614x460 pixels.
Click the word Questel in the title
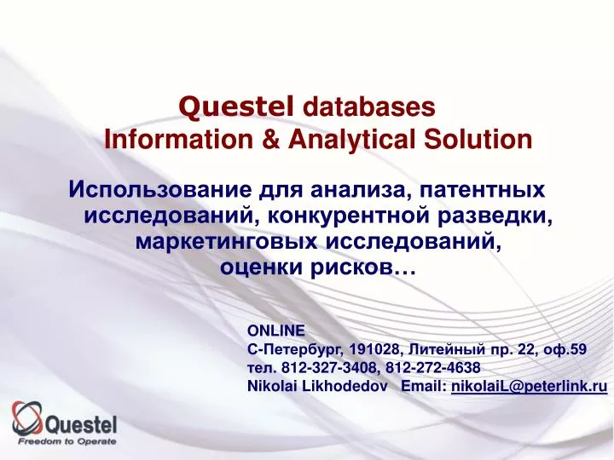pyautogui.click(x=236, y=106)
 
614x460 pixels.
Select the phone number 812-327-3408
pyautogui.click(x=320, y=367)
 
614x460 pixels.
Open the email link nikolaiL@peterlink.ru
pyautogui.click(x=529, y=386)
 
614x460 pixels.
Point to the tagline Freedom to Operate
pyautogui.click(x=67, y=442)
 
